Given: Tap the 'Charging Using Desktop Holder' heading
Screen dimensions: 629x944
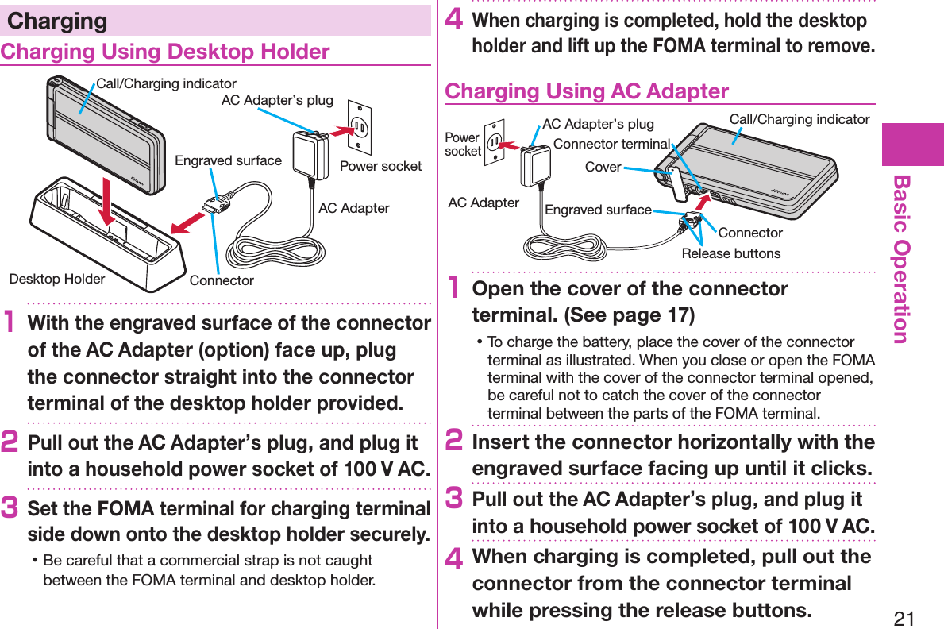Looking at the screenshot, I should coord(165,52).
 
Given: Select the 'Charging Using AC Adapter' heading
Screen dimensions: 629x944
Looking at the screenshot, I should coord(586,91).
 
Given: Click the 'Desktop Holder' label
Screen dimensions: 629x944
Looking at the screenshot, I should coord(57,279).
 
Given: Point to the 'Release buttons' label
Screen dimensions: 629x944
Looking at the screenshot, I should coord(731,253).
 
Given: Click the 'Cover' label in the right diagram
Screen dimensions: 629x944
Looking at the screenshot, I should coord(603,167).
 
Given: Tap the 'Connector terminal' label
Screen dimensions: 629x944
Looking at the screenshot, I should coord(611,144).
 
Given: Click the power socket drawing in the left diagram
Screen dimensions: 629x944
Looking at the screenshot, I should coord(360,126).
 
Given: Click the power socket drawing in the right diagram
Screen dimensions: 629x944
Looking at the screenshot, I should coord(495,141).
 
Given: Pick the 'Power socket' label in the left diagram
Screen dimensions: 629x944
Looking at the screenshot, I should coord(380,166).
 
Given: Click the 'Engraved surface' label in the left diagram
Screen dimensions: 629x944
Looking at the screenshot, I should coord(228,160).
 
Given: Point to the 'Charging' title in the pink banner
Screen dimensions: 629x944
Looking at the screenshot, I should coord(57,21).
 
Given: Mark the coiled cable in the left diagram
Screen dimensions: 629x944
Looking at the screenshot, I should coord(274,251).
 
